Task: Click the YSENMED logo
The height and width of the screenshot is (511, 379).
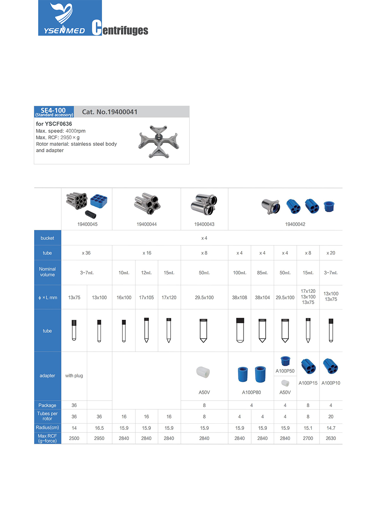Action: pos(70,18)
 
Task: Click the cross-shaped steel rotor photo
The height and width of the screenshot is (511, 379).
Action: pos(159,142)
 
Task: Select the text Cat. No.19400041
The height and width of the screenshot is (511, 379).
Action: pos(110,112)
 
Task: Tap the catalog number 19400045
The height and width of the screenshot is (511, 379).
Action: pos(87,224)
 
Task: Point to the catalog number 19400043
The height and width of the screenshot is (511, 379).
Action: pos(204,224)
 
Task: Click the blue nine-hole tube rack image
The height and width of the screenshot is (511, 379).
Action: pos(99,201)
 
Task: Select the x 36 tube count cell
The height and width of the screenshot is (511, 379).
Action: pos(86,253)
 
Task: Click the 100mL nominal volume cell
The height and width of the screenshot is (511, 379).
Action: pos(240,273)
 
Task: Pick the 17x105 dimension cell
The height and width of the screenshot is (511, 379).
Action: pos(146,297)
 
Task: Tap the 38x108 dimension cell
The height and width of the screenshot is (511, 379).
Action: pos(240,297)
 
